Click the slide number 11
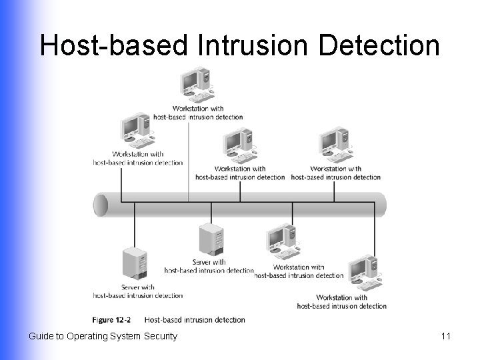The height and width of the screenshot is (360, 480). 446,336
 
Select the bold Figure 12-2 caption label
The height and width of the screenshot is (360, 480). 111,320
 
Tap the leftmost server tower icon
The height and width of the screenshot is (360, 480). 134,263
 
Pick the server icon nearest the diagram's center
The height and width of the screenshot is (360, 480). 211,240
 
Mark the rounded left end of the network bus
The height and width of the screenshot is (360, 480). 101,205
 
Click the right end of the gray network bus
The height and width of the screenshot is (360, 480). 381,204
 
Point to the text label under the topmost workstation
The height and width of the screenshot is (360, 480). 198,113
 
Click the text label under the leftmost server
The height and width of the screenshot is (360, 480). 138,291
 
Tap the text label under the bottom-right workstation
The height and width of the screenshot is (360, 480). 342,301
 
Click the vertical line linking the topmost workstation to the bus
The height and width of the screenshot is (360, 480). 189,160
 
